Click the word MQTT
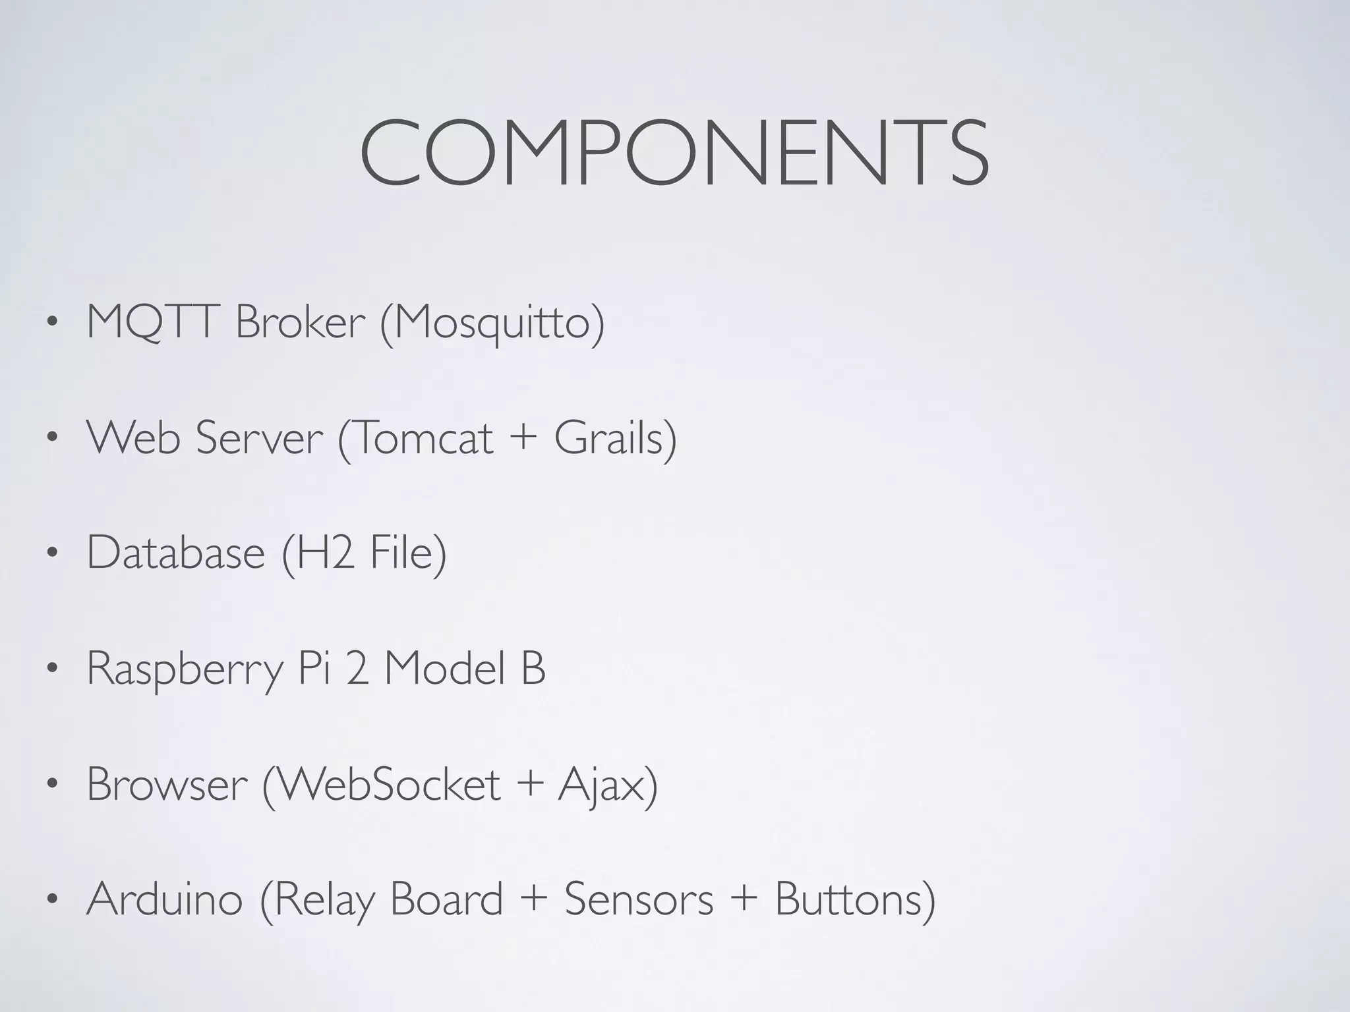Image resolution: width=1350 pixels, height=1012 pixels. pos(151,322)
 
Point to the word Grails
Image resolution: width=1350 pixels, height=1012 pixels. pos(608,437)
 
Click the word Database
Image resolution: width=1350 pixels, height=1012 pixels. pos(175,552)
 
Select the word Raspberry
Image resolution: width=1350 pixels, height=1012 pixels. pos(185,669)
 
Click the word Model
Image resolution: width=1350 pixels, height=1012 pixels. pos(446,668)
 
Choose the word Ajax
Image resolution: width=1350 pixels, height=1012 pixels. pos(601,785)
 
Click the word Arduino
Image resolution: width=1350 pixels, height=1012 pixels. pos(165,899)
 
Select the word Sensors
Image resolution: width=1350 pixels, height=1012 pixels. pos(639,899)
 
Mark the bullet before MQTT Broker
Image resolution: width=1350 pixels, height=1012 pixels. pos(52,324)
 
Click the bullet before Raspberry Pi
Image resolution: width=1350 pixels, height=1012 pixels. pos(52,669)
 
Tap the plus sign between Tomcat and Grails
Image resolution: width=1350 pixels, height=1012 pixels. pos(523,437)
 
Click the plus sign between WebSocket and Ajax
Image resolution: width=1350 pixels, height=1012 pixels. pos(530,784)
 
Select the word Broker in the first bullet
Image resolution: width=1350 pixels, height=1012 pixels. pos(300,322)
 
